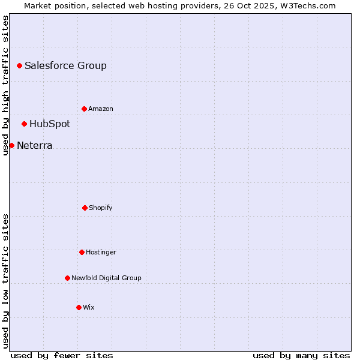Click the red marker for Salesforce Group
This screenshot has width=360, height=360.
[x=19, y=65]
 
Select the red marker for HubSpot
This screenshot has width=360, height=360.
[x=24, y=124]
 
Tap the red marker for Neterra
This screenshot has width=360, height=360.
[x=11, y=145]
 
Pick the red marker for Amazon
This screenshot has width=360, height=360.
[x=84, y=109]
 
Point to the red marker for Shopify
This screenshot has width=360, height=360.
[x=85, y=208]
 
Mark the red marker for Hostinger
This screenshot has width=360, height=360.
[x=82, y=252]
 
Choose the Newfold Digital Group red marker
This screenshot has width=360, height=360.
[x=67, y=278]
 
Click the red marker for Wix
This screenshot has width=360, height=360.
[x=79, y=307]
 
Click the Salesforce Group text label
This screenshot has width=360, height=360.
[x=65, y=66]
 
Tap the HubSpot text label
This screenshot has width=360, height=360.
[x=50, y=124]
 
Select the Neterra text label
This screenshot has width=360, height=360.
[x=34, y=146]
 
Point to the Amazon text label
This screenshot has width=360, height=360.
[x=101, y=109]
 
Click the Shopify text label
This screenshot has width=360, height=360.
[x=101, y=208]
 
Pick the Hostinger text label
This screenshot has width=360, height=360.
[x=101, y=253]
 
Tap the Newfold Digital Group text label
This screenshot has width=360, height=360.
[x=106, y=278]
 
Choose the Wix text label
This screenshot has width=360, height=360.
[x=89, y=308]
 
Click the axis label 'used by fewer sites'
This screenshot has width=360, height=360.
[x=62, y=356]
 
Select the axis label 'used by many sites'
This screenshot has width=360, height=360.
[x=301, y=356]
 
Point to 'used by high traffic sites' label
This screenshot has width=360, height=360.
[x=5, y=85]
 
